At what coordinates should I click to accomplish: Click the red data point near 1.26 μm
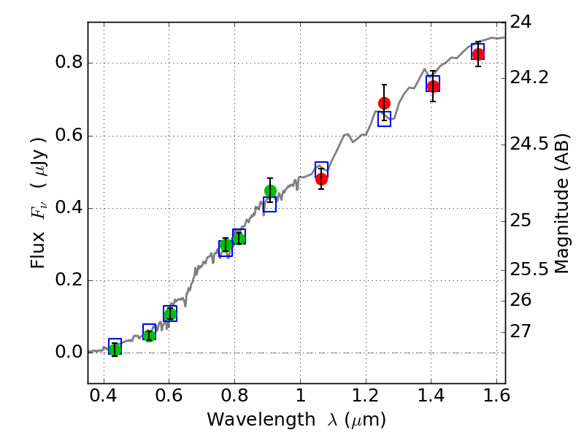[x=384, y=103]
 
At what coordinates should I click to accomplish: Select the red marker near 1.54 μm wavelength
[x=478, y=55]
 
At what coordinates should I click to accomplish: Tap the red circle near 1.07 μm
[x=321, y=179]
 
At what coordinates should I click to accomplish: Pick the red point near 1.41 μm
[x=433, y=86]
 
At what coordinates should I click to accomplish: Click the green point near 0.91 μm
[x=270, y=191]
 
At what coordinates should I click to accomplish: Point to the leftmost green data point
[x=115, y=350]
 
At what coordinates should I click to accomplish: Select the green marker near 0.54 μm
[x=149, y=336]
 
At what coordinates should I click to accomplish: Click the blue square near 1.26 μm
[x=384, y=118]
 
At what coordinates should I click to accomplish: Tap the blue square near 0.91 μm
[x=269, y=205]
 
